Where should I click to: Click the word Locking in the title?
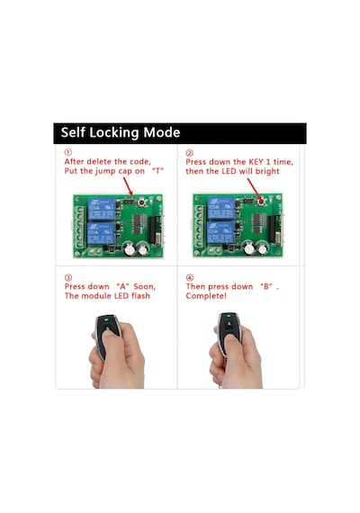(x=114, y=133)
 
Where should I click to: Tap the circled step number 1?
(x=67, y=152)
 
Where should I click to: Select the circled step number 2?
(x=190, y=153)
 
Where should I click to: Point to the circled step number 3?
(x=68, y=278)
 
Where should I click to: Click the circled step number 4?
(x=190, y=278)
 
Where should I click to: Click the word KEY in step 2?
(x=256, y=162)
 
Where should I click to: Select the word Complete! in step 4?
(x=206, y=296)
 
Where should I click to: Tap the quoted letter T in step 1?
(x=158, y=171)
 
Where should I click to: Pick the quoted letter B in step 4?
(x=266, y=286)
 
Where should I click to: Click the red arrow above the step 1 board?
(x=128, y=186)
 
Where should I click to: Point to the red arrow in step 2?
(x=255, y=189)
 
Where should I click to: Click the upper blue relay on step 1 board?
(x=101, y=209)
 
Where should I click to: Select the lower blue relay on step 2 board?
(x=220, y=232)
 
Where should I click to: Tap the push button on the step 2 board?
(x=261, y=202)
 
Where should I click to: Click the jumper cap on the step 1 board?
(x=129, y=202)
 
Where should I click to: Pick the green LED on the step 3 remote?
(x=106, y=319)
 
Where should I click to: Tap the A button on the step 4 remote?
(x=229, y=324)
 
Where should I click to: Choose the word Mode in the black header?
(x=162, y=132)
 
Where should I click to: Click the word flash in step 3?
(x=140, y=296)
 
